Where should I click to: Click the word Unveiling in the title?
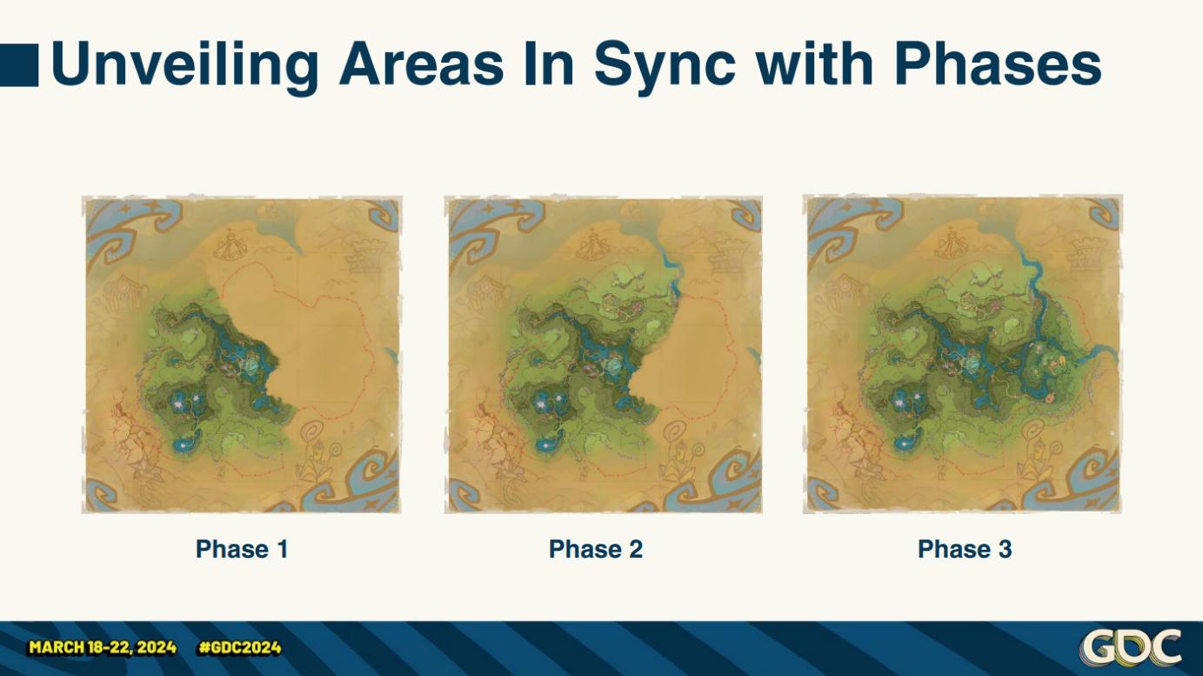(184, 64)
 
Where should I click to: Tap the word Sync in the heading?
(665, 64)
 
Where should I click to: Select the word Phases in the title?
(998, 64)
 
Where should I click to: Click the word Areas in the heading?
(422, 64)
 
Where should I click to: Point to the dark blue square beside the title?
(19, 65)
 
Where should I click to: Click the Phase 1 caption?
(242, 549)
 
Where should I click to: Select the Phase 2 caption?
(596, 549)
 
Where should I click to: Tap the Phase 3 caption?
(965, 549)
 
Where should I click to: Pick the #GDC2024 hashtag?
(239, 647)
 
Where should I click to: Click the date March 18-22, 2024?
(103, 647)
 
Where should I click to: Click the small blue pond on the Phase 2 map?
(548, 445)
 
